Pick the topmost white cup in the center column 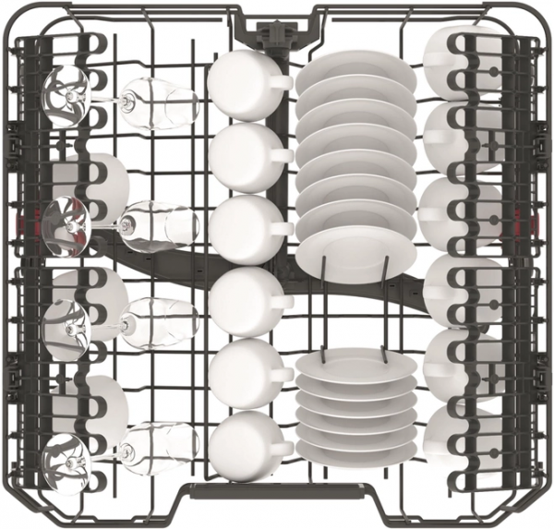tap(237, 82)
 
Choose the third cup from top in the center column tap(237, 226)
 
